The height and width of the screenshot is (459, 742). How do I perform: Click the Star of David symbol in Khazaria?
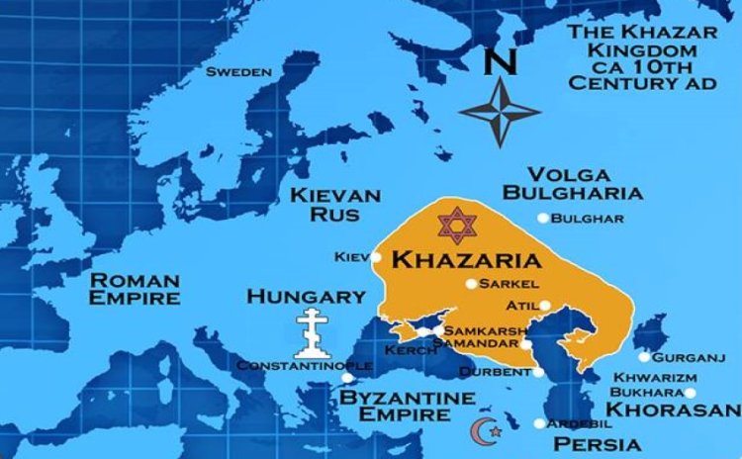(x=457, y=225)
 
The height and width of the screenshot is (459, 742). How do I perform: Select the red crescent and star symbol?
(x=486, y=430)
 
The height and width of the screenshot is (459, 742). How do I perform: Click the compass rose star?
(x=500, y=112)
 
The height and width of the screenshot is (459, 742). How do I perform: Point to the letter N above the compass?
(x=502, y=62)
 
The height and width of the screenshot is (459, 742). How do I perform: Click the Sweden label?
(x=238, y=71)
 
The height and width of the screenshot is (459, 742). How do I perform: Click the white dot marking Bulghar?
(x=542, y=218)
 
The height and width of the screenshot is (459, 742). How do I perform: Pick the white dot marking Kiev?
(x=376, y=257)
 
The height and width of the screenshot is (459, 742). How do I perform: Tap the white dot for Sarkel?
(x=472, y=284)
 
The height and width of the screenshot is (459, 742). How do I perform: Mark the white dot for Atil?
(x=544, y=305)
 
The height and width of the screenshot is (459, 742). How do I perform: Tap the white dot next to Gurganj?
(x=644, y=357)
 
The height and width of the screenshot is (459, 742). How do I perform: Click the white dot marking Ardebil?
(x=539, y=423)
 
